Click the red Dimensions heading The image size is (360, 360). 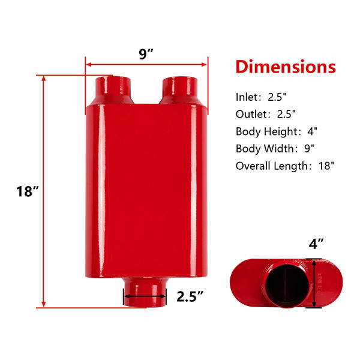pos(286,67)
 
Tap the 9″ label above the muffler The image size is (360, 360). pos(146,54)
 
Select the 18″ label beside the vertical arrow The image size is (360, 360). pos(28,191)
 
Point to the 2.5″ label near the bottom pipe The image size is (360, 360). pos(190,296)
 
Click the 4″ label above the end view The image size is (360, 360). pos(316,244)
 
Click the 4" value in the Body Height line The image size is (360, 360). pos(312,131)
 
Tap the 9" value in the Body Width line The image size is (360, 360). pos(309,149)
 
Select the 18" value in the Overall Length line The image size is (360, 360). pos(326,166)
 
